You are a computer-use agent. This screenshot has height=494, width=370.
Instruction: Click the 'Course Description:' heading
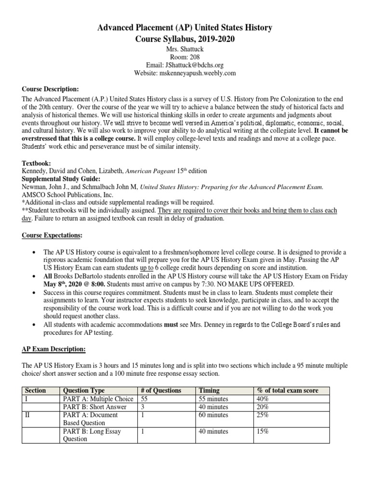coord(51,89)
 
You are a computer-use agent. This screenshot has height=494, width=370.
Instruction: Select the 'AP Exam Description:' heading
coord(54,349)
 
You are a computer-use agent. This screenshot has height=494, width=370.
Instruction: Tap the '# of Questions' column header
coord(161,390)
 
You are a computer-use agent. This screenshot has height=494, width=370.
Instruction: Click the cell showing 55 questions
coord(145,399)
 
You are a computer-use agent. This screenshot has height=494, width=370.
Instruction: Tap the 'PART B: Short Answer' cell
coord(94,407)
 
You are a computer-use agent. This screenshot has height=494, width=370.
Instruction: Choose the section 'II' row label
coord(28,415)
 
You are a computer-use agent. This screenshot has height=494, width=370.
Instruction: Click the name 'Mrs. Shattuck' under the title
coord(185,49)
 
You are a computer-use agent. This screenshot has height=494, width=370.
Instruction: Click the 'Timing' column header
coord(209,390)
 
